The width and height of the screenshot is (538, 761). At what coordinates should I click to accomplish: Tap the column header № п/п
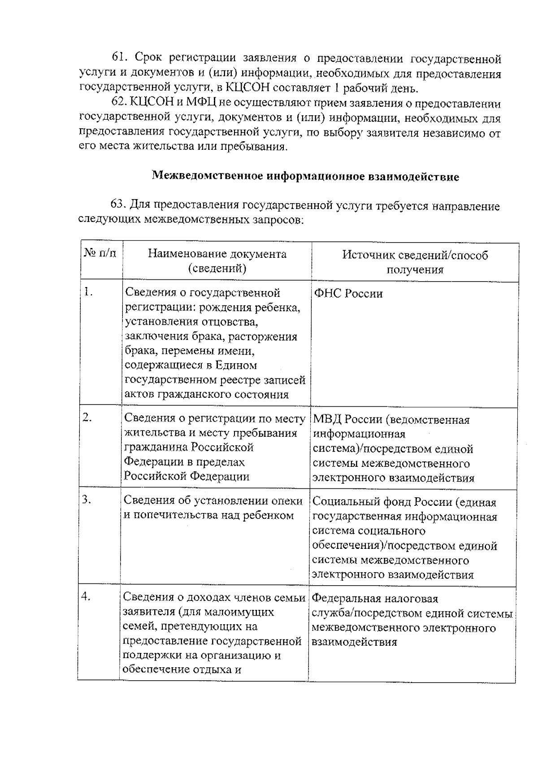click(100, 254)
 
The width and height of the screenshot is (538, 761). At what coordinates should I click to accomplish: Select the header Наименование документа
click(217, 254)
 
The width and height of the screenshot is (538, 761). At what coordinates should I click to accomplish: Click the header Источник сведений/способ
click(415, 255)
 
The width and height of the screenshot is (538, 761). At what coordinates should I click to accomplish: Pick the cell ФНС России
click(348, 294)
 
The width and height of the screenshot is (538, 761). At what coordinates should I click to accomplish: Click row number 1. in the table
click(88, 292)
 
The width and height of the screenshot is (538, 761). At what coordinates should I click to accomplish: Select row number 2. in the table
click(87, 417)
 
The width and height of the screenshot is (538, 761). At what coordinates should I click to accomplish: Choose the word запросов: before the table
click(278, 220)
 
